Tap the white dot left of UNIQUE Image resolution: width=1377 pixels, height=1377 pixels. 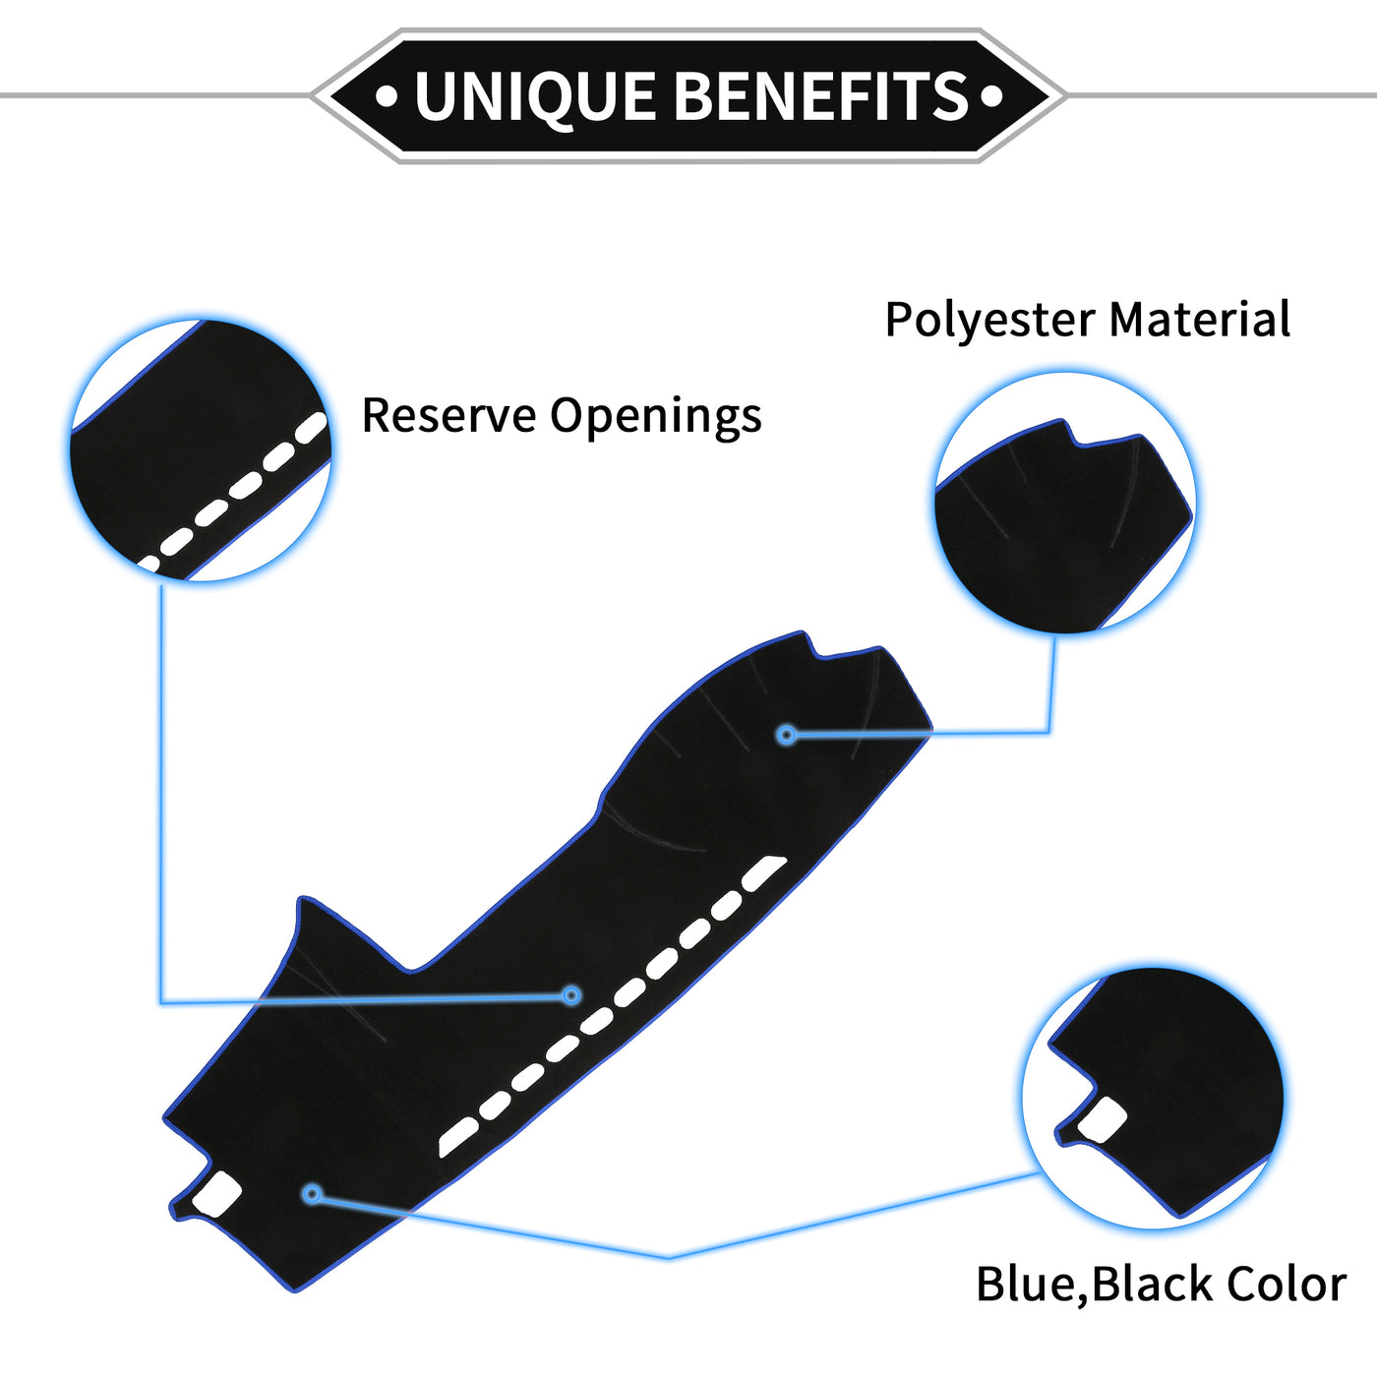(x=388, y=96)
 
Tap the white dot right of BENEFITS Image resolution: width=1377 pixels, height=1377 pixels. (x=991, y=96)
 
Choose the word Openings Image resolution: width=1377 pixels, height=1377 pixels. (x=655, y=417)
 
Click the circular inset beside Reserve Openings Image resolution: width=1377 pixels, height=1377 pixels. (x=201, y=449)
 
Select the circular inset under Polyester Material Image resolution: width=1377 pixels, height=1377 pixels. (x=1064, y=504)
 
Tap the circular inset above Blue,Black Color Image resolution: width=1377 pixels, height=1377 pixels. (x=1153, y=1096)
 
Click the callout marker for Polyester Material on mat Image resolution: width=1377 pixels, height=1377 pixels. (x=786, y=734)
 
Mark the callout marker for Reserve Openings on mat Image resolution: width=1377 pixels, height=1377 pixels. (x=571, y=995)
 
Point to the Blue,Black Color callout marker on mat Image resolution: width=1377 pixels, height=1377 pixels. (x=312, y=1194)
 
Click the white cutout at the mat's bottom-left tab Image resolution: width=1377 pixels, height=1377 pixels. (x=217, y=1193)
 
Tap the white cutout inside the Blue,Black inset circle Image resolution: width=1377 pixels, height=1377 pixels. (x=1102, y=1119)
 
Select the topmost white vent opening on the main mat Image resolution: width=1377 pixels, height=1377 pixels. (x=764, y=871)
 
